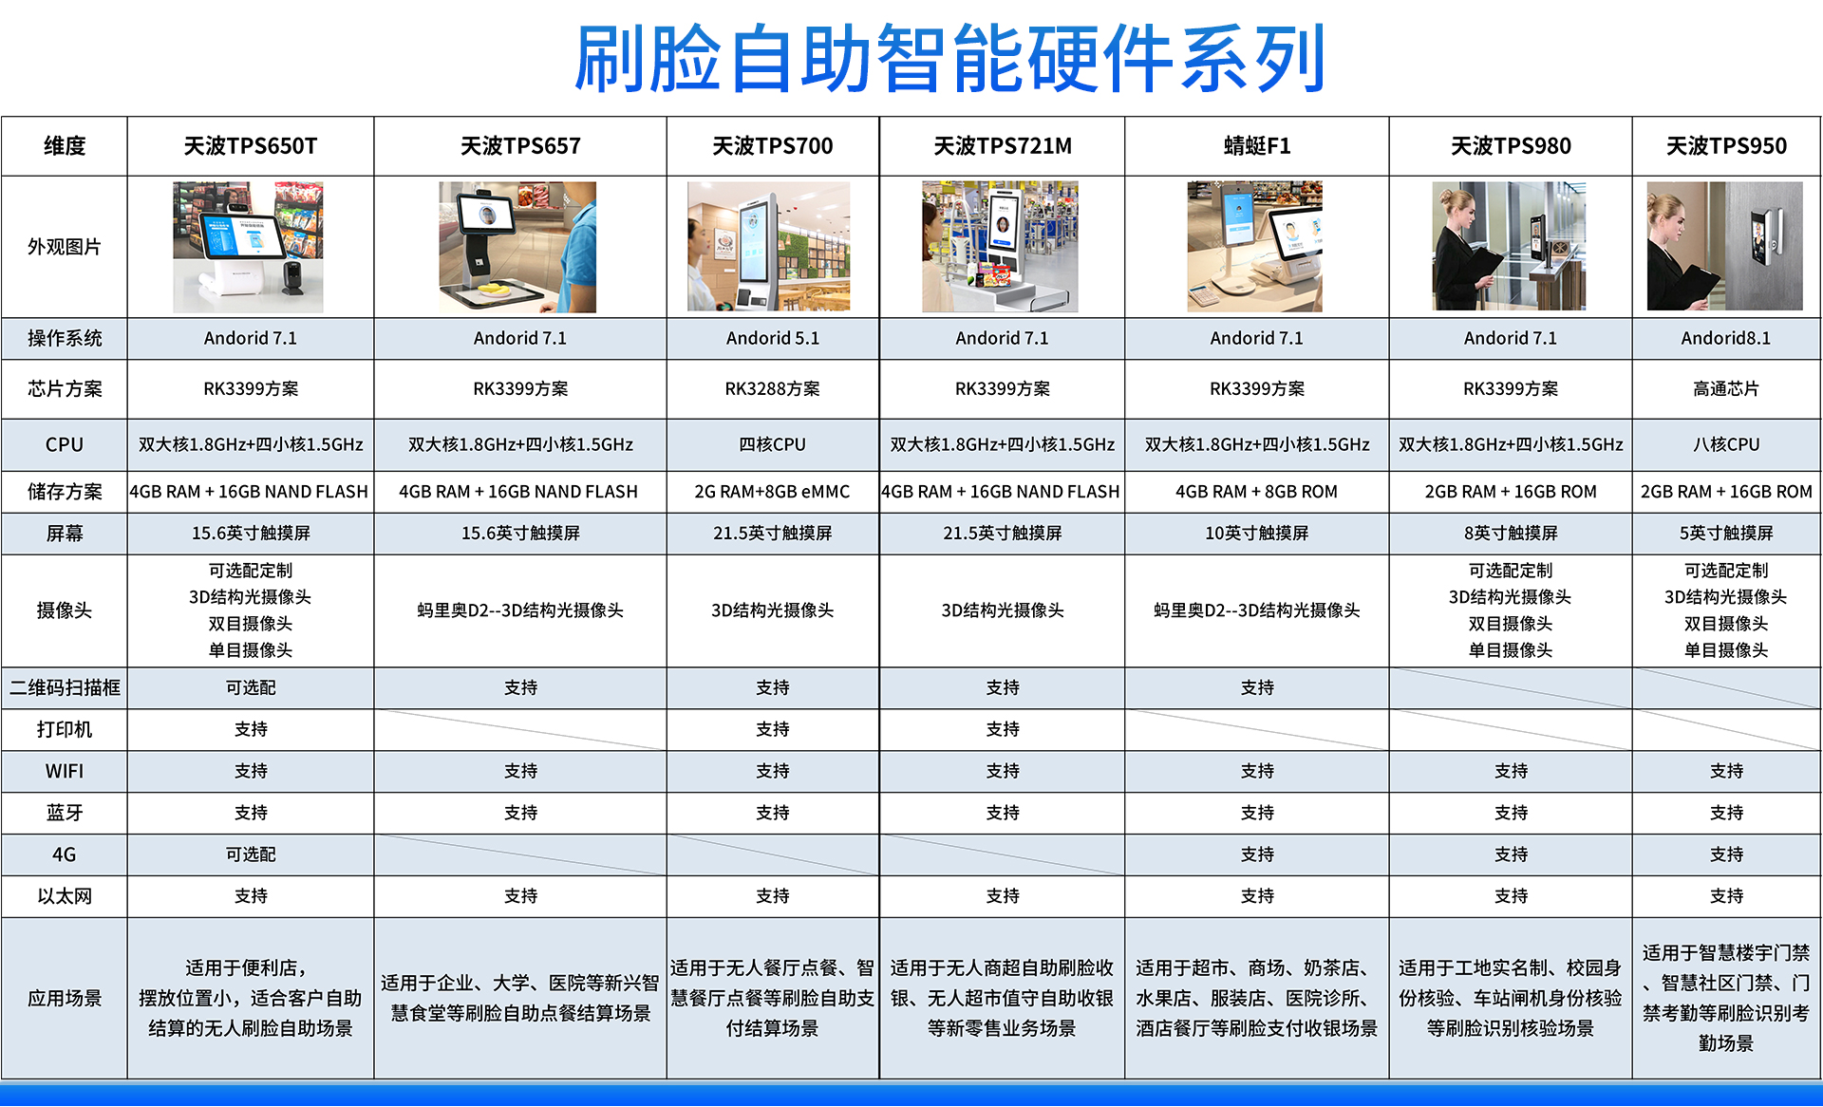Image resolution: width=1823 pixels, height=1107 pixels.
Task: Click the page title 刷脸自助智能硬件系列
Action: pyautogui.click(x=949, y=59)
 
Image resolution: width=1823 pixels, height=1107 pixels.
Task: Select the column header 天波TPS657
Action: pyautogui.click(x=520, y=146)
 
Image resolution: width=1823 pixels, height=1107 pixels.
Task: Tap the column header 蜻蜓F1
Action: pyautogui.click(x=1257, y=146)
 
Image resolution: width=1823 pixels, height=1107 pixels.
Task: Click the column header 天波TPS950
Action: pyautogui.click(x=1726, y=146)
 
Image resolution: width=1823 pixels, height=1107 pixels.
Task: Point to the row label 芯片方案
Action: pyautogui.click(x=65, y=388)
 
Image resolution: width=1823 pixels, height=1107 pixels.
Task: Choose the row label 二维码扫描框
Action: pyautogui.click(x=65, y=687)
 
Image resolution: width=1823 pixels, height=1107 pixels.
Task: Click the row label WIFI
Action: pyautogui.click(x=65, y=771)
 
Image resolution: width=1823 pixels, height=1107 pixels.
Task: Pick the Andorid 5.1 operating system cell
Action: pyautogui.click(x=773, y=338)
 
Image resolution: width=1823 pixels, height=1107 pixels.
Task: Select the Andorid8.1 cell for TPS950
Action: pyautogui.click(x=1726, y=338)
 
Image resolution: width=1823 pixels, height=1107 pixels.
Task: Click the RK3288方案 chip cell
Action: pyautogui.click(x=773, y=388)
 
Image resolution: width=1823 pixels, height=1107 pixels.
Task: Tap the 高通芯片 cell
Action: pyautogui.click(x=1726, y=388)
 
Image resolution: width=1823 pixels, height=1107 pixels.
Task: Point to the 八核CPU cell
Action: pyautogui.click(x=1726, y=444)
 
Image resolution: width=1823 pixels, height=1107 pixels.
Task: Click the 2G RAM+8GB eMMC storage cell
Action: pyautogui.click(x=773, y=492)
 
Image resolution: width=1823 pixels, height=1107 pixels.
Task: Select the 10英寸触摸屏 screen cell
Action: pyautogui.click(x=1257, y=534)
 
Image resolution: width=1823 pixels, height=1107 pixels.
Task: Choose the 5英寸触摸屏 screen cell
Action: pyautogui.click(x=1726, y=534)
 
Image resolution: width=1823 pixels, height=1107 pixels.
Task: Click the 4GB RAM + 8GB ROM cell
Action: pyautogui.click(x=1257, y=492)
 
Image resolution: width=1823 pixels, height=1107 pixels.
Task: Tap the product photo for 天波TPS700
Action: pyautogui.click(x=769, y=247)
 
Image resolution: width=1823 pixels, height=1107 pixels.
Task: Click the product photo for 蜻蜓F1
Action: pyautogui.click(x=1255, y=247)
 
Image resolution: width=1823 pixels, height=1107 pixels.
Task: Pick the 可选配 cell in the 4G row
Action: pyautogui.click(x=251, y=854)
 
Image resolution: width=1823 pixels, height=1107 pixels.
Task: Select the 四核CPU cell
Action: pyautogui.click(x=773, y=444)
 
